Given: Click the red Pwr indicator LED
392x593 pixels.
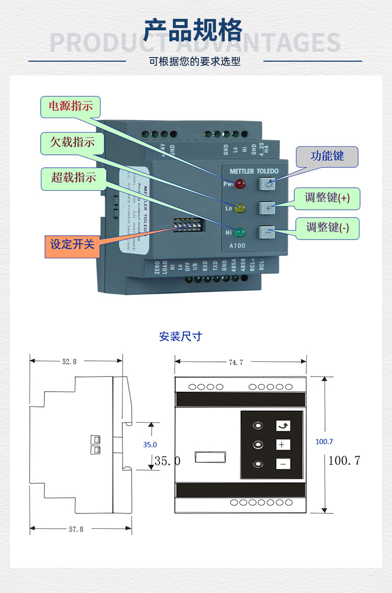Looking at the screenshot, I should pyautogui.click(x=240, y=184).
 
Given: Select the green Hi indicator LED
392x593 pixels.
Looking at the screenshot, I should pyautogui.click(x=240, y=232).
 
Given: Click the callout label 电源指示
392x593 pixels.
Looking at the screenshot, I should pyautogui.click(x=71, y=106).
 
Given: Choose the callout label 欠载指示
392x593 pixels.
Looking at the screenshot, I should pyautogui.click(x=72, y=143).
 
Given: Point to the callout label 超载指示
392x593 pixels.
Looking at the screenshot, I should pyautogui.click(x=73, y=177).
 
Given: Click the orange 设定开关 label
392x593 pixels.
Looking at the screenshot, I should pyautogui.click(x=72, y=244).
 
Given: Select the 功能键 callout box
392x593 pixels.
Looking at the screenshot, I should pyautogui.click(x=327, y=156).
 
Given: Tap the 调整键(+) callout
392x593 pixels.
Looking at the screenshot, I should pyautogui.click(x=328, y=198).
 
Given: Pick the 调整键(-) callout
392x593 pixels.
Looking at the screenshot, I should pyautogui.click(x=328, y=227).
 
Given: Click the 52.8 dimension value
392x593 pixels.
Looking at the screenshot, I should pyautogui.click(x=70, y=361).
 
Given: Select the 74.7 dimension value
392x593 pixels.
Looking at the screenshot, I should pyautogui.click(x=236, y=362).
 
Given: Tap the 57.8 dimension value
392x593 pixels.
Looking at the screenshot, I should pyautogui.click(x=76, y=529).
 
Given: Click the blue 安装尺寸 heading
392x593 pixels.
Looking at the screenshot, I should pyautogui.click(x=180, y=336).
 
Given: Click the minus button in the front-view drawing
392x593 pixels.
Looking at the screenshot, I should pyautogui.click(x=283, y=464).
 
